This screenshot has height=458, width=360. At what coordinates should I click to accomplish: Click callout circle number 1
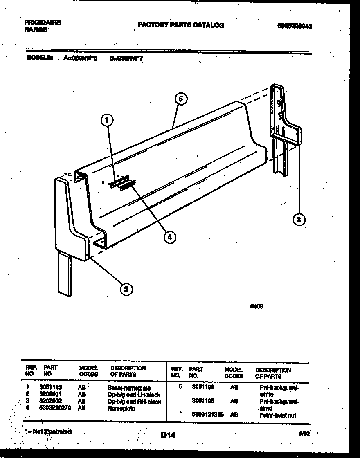tap(107, 120)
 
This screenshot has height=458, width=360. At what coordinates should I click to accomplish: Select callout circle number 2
tap(126, 289)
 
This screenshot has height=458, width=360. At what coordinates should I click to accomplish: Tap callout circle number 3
tap(299, 220)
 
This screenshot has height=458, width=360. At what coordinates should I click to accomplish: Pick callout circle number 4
tap(170, 236)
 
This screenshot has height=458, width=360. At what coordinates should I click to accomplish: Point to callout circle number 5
tap(180, 99)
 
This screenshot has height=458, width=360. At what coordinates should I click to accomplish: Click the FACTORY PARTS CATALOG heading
tap(181, 25)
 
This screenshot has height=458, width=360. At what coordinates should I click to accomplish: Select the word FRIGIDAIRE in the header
tap(43, 23)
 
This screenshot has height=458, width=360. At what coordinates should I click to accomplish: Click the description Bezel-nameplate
tap(129, 388)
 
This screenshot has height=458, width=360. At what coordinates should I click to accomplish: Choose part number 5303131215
tap(208, 415)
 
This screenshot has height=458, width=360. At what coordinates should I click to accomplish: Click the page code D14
tap(168, 435)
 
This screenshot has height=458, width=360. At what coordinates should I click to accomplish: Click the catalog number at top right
tap(295, 26)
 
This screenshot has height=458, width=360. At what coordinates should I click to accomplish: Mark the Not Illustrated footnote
tap(48, 431)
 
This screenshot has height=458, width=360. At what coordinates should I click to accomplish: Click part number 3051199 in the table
tap(203, 386)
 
